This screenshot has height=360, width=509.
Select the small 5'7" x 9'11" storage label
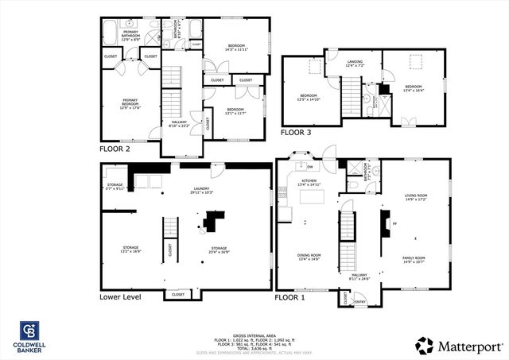pos(115,188)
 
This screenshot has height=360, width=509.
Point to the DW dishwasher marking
pos(311,167)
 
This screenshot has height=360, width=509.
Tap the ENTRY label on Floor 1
pos(359,301)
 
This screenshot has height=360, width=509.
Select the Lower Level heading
pos(121,297)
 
